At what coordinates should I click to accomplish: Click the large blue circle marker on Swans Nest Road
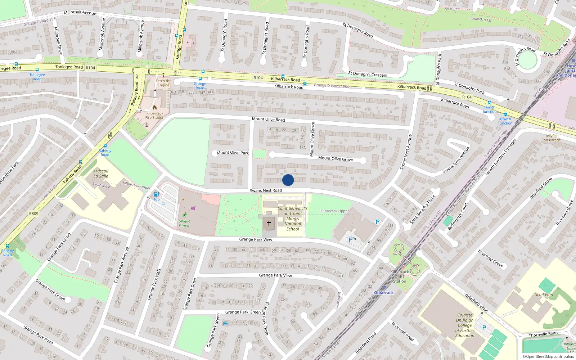tap(288, 180)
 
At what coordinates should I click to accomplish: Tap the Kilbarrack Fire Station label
tap(155, 115)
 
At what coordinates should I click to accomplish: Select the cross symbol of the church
tap(269, 223)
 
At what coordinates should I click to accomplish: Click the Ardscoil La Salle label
tap(101, 174)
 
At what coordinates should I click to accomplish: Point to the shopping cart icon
tap(193, 208)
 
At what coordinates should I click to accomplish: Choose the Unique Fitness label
tap(184, 224)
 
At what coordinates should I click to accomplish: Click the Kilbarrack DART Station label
tap(400, 276)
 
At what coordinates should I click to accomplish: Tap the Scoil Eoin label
tap(544, 294)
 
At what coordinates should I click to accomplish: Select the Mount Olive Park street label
tap(233, 153)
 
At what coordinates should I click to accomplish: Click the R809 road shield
tap(33, 213)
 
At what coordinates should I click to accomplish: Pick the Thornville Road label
tap(543, 334)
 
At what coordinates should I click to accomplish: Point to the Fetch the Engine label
tap(163, 83)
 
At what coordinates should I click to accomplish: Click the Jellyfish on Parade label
tap(552, 138)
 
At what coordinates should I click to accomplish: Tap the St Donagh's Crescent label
tap(368, 75)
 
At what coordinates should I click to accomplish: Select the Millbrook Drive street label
tap(58, 41)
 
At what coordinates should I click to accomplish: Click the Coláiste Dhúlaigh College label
tap(465, 325)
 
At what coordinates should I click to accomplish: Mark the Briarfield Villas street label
tap(476, 303)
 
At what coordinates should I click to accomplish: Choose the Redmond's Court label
tap(458, 216)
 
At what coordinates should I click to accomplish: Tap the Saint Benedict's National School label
tap(293, 219)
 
